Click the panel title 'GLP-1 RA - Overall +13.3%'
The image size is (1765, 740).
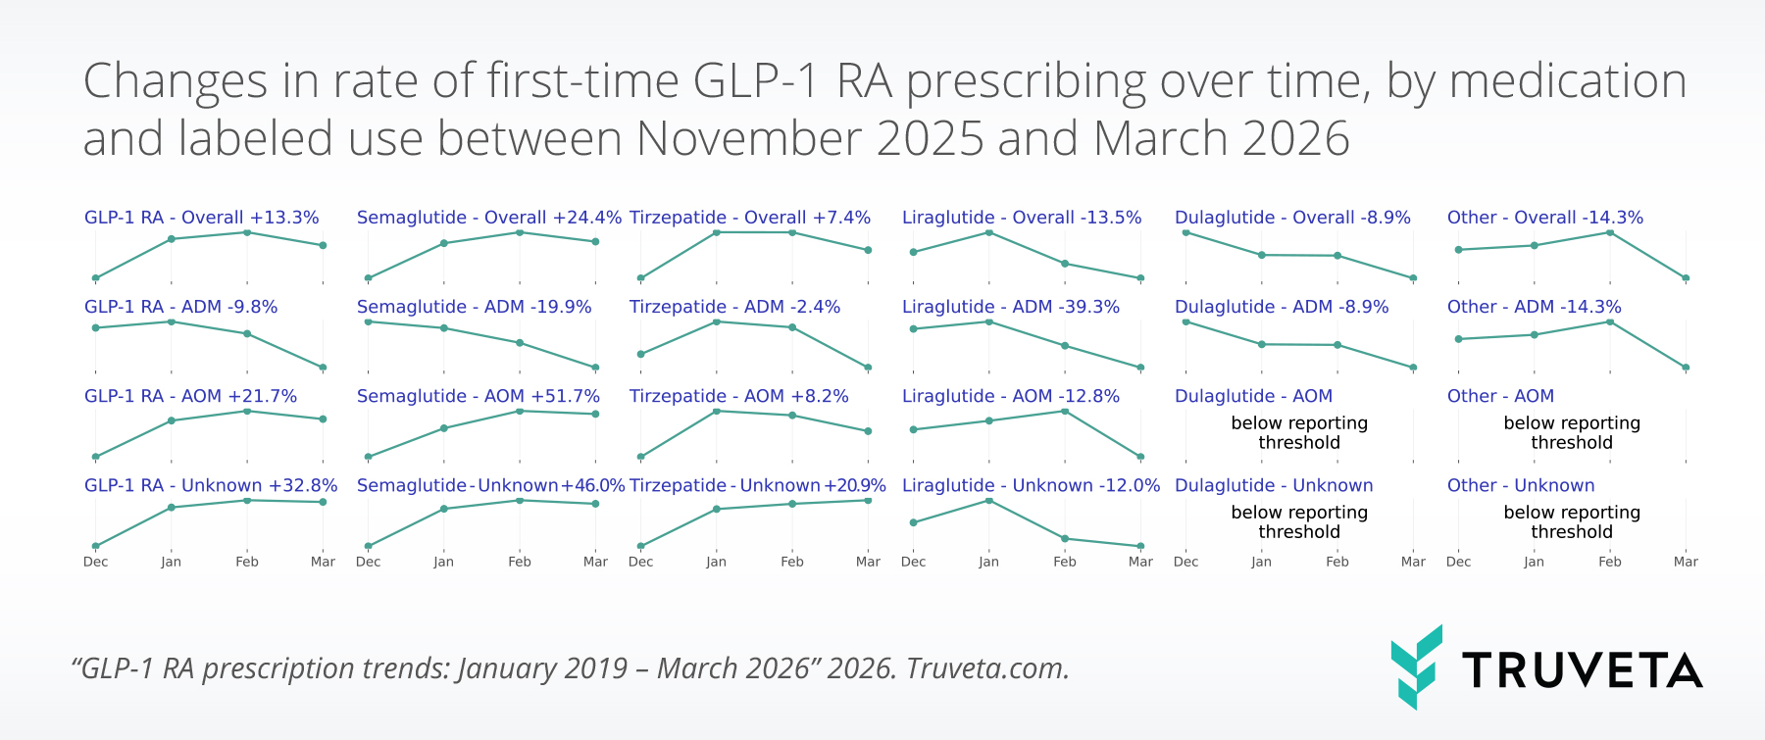click(x=201, y=218)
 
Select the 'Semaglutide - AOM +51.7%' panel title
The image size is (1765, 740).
click(x=478, y=396)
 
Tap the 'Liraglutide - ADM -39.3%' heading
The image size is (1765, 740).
click(x=1010, y=307)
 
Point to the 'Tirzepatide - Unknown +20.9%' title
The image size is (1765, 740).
click(x=757, y=485)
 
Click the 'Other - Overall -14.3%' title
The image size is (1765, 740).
click(x=1544, y=218)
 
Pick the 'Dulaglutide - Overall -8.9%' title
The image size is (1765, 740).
click(x=1291, y=218)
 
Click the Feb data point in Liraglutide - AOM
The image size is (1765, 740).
click(x=1065, y=411)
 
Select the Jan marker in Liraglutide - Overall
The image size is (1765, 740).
click(x=988, y=232)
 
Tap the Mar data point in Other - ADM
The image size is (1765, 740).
click(x=1686, y=368)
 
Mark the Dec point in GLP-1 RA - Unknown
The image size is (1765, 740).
click(x=95, y=546)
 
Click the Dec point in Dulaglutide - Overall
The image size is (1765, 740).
click(x=1185, y=232)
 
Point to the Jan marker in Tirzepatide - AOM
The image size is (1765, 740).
click(x=716, y=411)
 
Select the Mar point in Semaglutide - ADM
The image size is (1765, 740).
click(x=595, y=368)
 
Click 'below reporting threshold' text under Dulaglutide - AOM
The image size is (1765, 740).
click(x=1298, y=432)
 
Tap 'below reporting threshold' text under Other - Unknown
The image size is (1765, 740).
click(x=1571, y=521)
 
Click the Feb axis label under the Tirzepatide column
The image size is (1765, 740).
click(x=791, y=562)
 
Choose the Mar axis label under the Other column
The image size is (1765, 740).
click(x=1685, y=562)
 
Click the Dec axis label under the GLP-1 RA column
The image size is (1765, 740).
click(x=95, y=562)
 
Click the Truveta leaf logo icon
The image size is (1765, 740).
click(x=1416, y=666)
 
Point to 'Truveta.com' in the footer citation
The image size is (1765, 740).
click(x=986, y=668)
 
